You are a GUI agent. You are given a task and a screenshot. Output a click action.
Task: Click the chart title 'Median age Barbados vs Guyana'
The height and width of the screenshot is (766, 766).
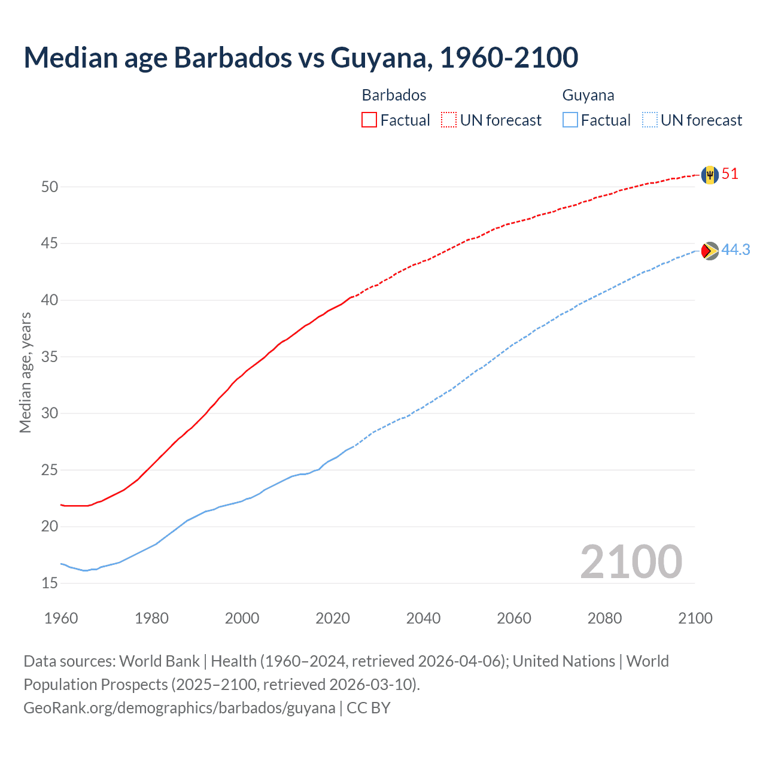(x=300, y=57)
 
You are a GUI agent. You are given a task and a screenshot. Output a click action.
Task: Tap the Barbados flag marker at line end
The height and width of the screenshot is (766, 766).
(x=710, y=175)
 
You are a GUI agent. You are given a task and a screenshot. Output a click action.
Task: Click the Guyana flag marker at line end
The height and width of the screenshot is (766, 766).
(x=710, y=251)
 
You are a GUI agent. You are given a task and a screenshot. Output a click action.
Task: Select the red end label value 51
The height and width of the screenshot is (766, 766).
(x=730, y=174)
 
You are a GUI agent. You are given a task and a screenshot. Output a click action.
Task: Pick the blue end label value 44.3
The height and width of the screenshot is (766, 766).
(x=735, y=250)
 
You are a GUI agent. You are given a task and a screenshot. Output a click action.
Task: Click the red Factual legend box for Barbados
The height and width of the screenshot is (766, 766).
(x=369, y=120)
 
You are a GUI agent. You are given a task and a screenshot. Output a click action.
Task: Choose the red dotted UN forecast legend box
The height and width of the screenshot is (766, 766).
(x=449, y=120)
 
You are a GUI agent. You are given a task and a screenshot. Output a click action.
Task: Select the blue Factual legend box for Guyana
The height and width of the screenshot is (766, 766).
(x=570, y=120)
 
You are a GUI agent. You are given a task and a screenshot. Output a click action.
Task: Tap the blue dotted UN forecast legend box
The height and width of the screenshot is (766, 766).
(x=650, y=120)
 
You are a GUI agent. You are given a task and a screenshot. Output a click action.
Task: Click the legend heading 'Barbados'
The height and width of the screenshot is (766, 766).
(x=394, y=95)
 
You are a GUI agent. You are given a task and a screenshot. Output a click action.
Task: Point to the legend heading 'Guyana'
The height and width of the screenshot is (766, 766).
(x=588, y=95)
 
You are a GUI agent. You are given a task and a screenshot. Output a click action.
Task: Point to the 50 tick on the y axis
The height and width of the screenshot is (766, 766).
(x=50, y=187)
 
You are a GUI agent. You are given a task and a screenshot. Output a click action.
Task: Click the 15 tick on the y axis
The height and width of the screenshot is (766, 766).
(x=50, y=583)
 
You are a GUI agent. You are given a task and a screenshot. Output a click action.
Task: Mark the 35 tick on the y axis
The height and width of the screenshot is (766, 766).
(x=50, y=357)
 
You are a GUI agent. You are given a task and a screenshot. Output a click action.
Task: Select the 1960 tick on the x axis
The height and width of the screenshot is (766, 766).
(x=61, y=618)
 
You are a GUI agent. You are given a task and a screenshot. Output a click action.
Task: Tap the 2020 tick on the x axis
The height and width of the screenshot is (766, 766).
(x=333, y=618)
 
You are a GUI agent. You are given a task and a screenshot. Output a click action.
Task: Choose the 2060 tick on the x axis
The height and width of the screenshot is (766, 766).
(x=514, y=618)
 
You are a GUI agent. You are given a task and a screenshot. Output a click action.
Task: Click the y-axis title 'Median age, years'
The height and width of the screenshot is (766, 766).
(x=25, y=372)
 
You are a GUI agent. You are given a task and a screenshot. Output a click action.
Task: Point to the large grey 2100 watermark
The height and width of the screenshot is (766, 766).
(x=631, y=561)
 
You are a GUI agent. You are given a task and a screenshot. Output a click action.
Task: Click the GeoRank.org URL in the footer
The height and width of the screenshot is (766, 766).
(x=180, y=708)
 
